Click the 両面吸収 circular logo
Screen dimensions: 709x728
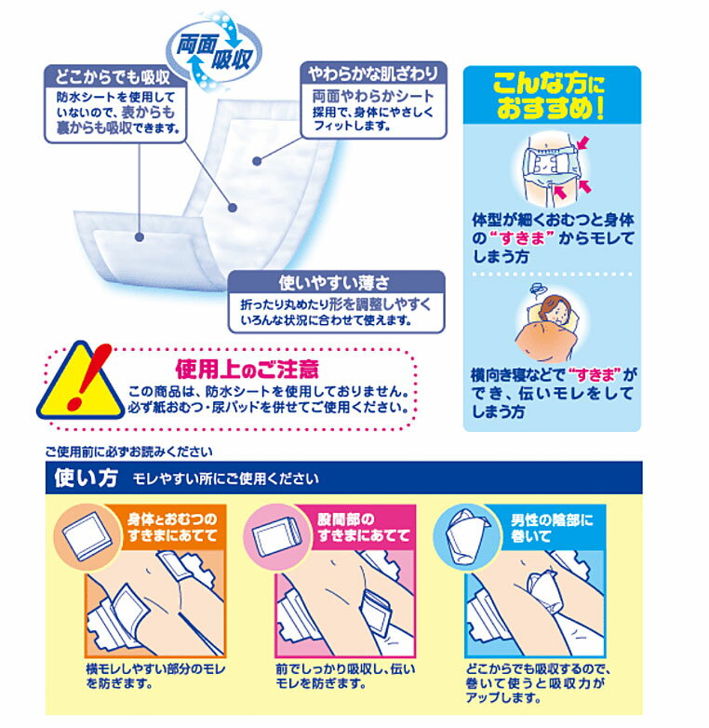(214, 52)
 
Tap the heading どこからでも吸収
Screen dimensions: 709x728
(113, 76)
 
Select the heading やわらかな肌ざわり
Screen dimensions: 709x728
(373, 74)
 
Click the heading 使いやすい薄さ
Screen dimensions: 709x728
(334, 282)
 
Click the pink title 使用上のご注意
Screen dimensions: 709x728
(247, 370)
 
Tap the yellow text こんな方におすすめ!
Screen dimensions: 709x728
(549, 96)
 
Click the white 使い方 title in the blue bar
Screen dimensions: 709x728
(86, 478)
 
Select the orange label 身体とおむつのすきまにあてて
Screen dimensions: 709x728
(172, 528)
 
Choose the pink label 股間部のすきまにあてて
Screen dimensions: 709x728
(364, 528)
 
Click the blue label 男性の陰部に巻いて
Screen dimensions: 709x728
(552, 528)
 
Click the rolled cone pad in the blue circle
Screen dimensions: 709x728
(466, 535)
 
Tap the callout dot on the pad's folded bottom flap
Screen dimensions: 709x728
(140, 237)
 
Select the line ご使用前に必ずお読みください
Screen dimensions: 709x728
(129, 452)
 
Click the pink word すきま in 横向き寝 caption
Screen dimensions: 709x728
(595, 373)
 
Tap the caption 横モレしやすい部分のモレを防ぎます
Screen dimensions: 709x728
(156, 676)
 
